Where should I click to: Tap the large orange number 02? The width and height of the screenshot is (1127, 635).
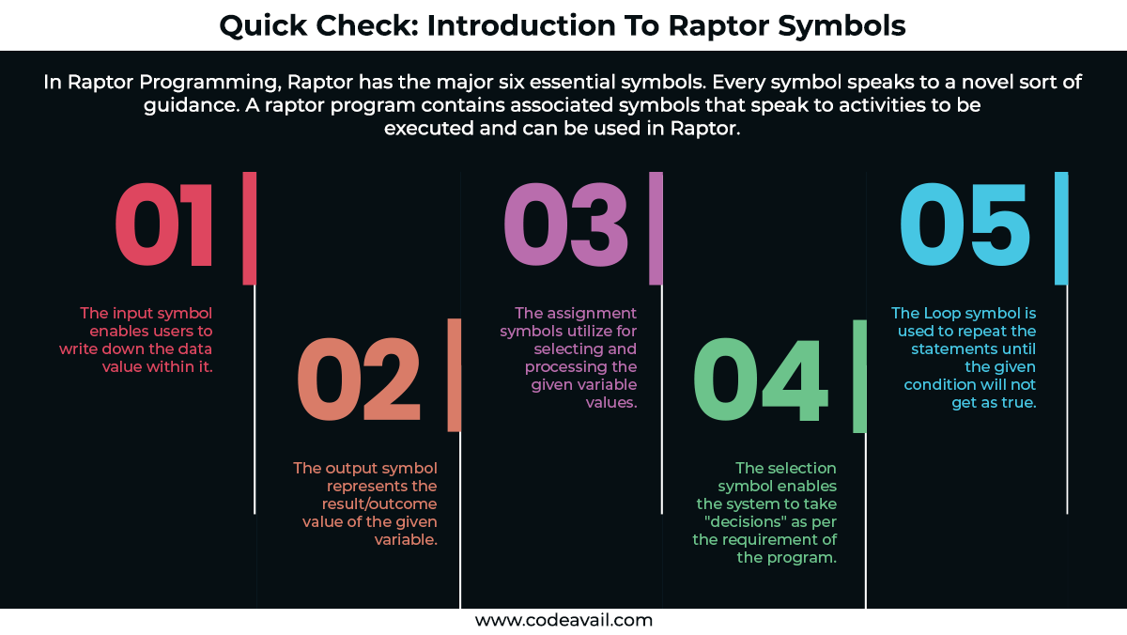358,379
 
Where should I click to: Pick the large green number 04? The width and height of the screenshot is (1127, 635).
761,379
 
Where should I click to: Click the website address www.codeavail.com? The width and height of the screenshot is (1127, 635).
563,620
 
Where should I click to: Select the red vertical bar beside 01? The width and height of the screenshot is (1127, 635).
250,227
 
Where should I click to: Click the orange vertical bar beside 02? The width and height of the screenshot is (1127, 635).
455,376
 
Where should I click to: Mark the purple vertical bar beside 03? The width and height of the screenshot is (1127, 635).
656,227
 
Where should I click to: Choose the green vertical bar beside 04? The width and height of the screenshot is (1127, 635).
859,376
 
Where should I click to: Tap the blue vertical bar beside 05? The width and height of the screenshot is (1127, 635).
1061,227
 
